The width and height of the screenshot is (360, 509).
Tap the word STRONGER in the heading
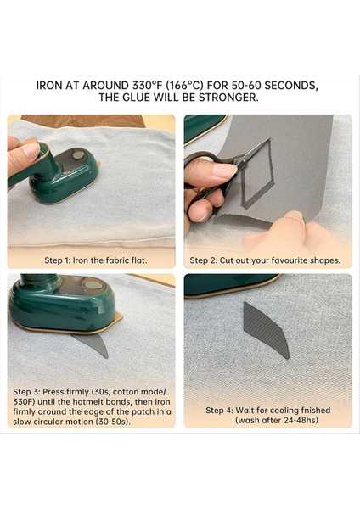pos(228,98)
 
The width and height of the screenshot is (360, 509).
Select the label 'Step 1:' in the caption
pos(57,260)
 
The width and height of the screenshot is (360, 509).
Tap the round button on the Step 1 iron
pos(78,155)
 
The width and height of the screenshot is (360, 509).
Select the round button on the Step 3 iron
pos(93,285)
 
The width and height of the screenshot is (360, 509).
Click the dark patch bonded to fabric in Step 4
pos(266,329)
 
